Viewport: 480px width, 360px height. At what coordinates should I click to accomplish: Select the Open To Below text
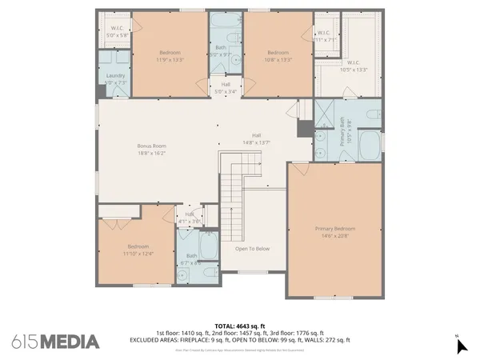click(x=252, y=249)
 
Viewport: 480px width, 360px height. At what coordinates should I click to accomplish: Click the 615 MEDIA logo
click(x=56, y=342)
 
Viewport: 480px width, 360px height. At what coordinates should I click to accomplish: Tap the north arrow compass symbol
click(x=461, y=345)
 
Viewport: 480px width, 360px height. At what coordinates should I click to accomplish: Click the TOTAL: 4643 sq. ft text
click(x=240, y=326)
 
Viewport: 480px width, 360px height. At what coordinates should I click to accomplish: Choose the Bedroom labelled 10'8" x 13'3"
click(x=278, y=55)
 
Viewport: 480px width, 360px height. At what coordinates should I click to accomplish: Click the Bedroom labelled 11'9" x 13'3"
click(x=170, y=55)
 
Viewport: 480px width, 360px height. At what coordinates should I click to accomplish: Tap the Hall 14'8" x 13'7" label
click(x=257, y=138)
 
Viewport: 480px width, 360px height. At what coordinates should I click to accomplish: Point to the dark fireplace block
click(x=305, y=128)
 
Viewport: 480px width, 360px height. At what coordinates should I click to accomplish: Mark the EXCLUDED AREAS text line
click(x=240, y=340)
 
